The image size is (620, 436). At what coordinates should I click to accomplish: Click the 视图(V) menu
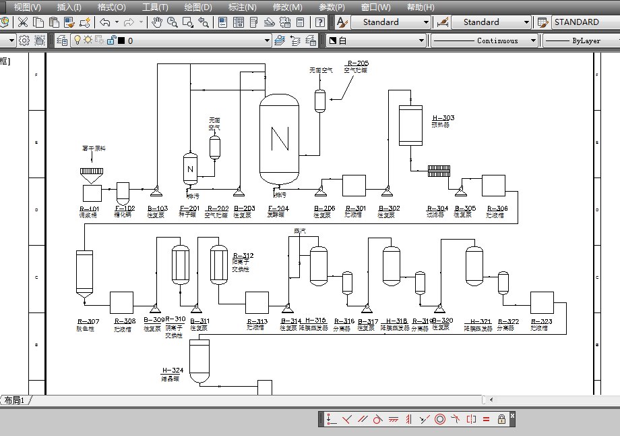pos(27,7)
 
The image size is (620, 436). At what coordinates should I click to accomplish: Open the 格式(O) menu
pos(111,7)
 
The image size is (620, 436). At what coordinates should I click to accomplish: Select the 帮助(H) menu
pos(421,7)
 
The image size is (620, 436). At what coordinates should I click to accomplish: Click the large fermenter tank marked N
pos(279,139)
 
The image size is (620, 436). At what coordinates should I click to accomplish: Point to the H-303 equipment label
pos(443,118)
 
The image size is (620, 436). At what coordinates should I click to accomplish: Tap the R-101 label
pos(89,209)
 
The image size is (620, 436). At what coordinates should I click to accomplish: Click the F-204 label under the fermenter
pos(278,209)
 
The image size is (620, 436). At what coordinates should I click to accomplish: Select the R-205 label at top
pos(358,63)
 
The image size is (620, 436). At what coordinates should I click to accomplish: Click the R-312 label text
pos(243,256)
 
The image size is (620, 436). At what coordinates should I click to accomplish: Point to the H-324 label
pos(173,371)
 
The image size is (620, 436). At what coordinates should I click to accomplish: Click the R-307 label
pos(88,321)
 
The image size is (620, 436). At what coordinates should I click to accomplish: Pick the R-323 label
pos(541,321)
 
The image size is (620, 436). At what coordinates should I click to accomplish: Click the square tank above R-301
pos(354,186)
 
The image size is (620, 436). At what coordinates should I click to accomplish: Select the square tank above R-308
pos(121,302)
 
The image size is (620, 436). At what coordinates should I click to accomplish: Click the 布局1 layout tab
pos(15,400)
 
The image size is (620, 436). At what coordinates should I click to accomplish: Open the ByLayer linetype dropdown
pos(580,40)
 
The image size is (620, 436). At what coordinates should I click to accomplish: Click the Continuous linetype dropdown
pos(485,40)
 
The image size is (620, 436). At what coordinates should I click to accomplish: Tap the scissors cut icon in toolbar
pos(23,22)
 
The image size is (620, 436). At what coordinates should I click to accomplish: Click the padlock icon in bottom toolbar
pos(501,418)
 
